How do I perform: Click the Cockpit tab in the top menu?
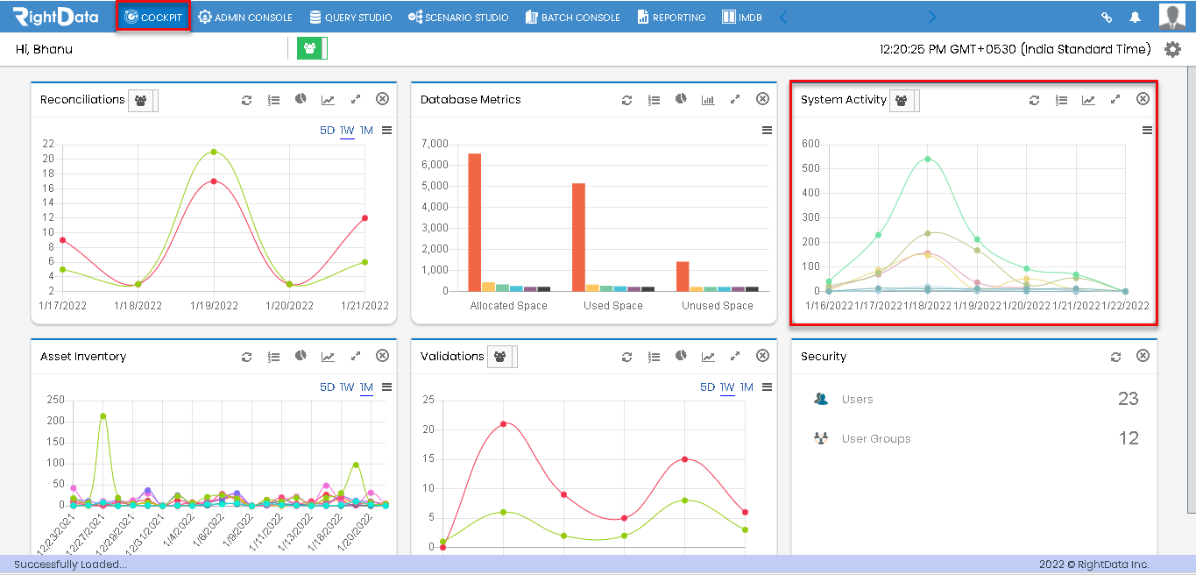click(153, 17)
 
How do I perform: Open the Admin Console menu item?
click(245, 17)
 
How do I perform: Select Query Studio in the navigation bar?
click(350, 17)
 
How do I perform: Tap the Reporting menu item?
click(672, 17)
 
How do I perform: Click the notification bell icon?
click(1136, 17)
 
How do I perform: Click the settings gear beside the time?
click(1172, 49)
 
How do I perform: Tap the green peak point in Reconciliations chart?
click(214, 153)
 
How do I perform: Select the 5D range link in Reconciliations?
click(328, 131)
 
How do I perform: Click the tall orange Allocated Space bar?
click(475, 222)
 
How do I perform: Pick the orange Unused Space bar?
click(683, 277)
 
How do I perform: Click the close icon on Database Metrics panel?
click(762, 99)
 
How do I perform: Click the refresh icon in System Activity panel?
click(1034, 100)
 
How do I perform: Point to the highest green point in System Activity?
click(928, 160)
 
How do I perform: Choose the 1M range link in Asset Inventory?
click(366, 387)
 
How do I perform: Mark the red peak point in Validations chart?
click(504, 424)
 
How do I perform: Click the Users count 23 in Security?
click(1129, 399)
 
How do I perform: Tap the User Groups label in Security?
click(876, 439)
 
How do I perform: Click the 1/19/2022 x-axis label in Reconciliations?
click(214, 305)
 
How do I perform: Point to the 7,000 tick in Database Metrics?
click(435, 144)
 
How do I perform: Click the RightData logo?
click(56, 17)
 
